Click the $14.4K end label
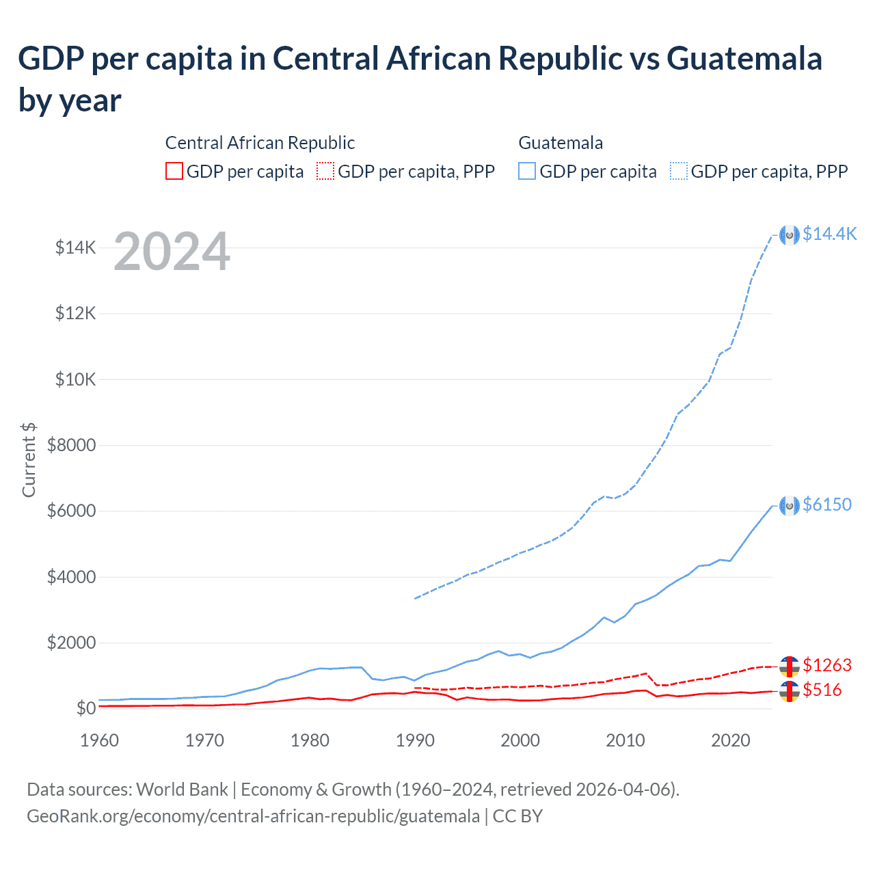[829, 234]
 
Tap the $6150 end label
[827, 504]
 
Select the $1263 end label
[827, 665]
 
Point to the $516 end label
[822, 690]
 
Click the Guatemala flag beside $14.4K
[790, 234]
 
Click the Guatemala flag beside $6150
[790, 505]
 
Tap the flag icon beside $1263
[790, 666]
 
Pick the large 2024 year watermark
[172, 252]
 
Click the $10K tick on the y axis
[76, 379]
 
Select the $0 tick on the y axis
[85, 708]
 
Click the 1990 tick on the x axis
[415, 740]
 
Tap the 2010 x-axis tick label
[625, 740]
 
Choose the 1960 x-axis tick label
[100, 740]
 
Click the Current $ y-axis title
[29, 459]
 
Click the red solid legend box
[174, 171]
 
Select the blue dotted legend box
[679, 171]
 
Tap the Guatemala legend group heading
[561, 143]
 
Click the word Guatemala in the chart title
[744, 59]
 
